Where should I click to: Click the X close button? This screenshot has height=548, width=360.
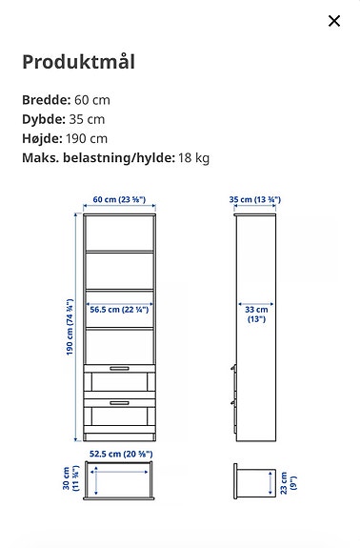tap(334, 21)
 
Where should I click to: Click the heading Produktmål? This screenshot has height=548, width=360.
tap(78, 63)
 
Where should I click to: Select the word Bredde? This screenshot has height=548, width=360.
tap(46, 100)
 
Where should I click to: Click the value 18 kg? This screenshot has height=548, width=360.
tap(194, 157)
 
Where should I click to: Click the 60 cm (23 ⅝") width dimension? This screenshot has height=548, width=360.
tap(118, 200)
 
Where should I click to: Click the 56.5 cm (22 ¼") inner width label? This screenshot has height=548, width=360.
tap(118, 310)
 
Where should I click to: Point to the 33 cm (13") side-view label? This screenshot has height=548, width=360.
tap(256, 315)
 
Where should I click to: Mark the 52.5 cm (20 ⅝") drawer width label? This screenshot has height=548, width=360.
tap(118, 454)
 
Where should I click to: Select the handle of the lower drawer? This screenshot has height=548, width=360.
tap(119, 402)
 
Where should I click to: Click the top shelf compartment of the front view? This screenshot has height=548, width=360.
tap(119, 234)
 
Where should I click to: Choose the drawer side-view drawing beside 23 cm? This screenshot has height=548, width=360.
tap(253, 481)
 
